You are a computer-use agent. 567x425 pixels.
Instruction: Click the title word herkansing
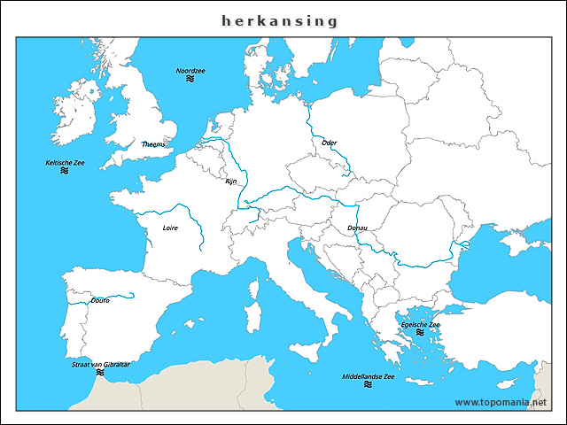point(280,19)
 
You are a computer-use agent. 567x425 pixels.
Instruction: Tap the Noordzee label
point(190,70)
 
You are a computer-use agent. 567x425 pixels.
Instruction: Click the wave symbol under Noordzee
point(190,80)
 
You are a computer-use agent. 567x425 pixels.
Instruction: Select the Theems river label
point(153,143)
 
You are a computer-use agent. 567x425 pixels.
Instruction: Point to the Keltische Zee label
point(65,163)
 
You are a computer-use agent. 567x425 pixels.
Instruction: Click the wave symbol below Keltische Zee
point(65,172)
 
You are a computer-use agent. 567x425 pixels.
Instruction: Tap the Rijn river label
point(231,181)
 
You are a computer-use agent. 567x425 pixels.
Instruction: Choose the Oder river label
point(330,142)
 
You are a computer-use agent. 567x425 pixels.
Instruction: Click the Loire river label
point(170,228)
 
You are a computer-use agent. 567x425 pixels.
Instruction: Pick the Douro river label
point(100,300)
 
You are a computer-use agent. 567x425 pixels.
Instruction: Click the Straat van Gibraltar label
point(101,364)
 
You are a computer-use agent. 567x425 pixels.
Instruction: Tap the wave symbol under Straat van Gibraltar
point(100,373)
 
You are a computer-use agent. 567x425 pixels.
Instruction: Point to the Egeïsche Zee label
point(420,324)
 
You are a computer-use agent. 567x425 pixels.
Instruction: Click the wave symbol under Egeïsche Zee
point(420,333)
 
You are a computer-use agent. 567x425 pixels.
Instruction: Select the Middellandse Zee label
point(369,376)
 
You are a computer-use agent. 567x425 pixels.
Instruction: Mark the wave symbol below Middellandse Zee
point(368,386)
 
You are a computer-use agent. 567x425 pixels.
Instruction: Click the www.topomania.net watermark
point(508,402)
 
